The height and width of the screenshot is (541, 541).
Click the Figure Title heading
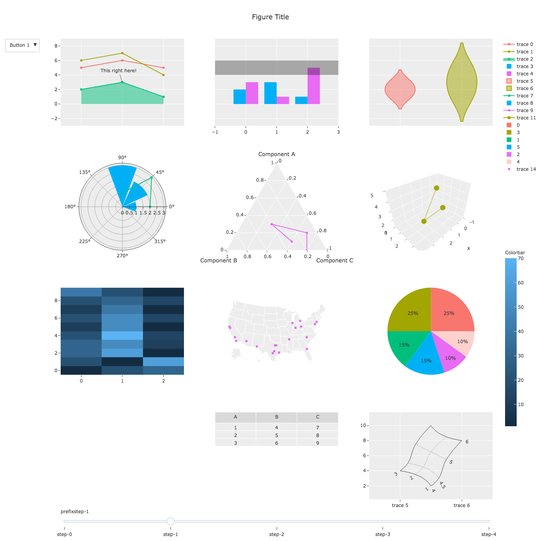[270, 17]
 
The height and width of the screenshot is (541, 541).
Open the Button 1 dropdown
[22, 45]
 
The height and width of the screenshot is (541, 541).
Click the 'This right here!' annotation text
[118, 71]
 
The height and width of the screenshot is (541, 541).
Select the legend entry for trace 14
[526, 169]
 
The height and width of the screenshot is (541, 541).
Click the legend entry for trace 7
[524, 96]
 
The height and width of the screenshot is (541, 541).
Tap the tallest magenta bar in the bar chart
[313, 86]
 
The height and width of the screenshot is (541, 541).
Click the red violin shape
[400, 90]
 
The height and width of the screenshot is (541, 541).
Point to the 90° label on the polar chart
[122, 158]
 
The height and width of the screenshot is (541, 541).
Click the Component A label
[276, 154]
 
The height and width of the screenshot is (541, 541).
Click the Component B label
[218, 260]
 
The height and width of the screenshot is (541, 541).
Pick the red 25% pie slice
[450, 311]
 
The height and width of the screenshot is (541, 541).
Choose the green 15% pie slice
[403, 345]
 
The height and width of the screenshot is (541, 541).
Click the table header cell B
[276, 417]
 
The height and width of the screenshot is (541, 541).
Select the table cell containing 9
[317, 443]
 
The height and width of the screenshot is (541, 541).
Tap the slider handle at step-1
[170, 521]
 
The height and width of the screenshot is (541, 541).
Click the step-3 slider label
[383, 534]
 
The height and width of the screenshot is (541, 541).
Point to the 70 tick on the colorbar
[521, 259]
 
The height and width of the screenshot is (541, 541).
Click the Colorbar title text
[515, 253]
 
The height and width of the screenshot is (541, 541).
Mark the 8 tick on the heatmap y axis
[56, 301]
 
